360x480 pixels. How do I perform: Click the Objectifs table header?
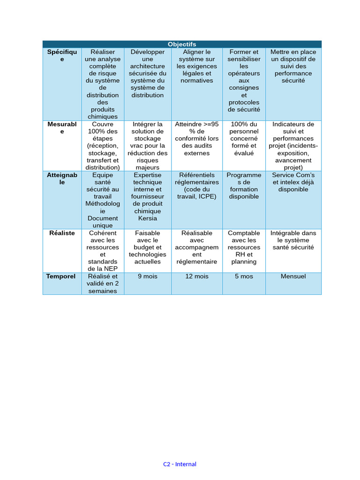tap(182, 44)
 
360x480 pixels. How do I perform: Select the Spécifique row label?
tap(62, 56)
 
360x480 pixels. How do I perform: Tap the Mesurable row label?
tap(62, 128)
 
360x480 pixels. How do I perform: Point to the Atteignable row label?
tap(62, 179)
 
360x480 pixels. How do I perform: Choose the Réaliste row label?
tap(62, 233)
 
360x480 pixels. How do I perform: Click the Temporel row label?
tap(61, 277)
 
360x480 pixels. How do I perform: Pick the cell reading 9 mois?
tap(148, 277)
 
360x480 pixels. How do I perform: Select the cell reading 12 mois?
tap(197, 277)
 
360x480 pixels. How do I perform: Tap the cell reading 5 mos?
tap(244, 277)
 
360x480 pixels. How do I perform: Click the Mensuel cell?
tap(293, 277)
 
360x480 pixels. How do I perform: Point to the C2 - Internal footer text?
tap(180, 464)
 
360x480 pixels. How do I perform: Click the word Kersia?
tap(148, 218)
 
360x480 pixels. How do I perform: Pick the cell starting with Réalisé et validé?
tap(103, 284)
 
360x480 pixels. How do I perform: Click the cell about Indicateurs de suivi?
tap(293, 146)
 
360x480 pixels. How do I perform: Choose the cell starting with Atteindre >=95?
tap(197, 139)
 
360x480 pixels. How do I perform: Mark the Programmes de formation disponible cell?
tap(244, 186)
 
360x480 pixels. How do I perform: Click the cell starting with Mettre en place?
tap(293, 66)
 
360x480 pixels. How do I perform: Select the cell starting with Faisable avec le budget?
tap(148, 247)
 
